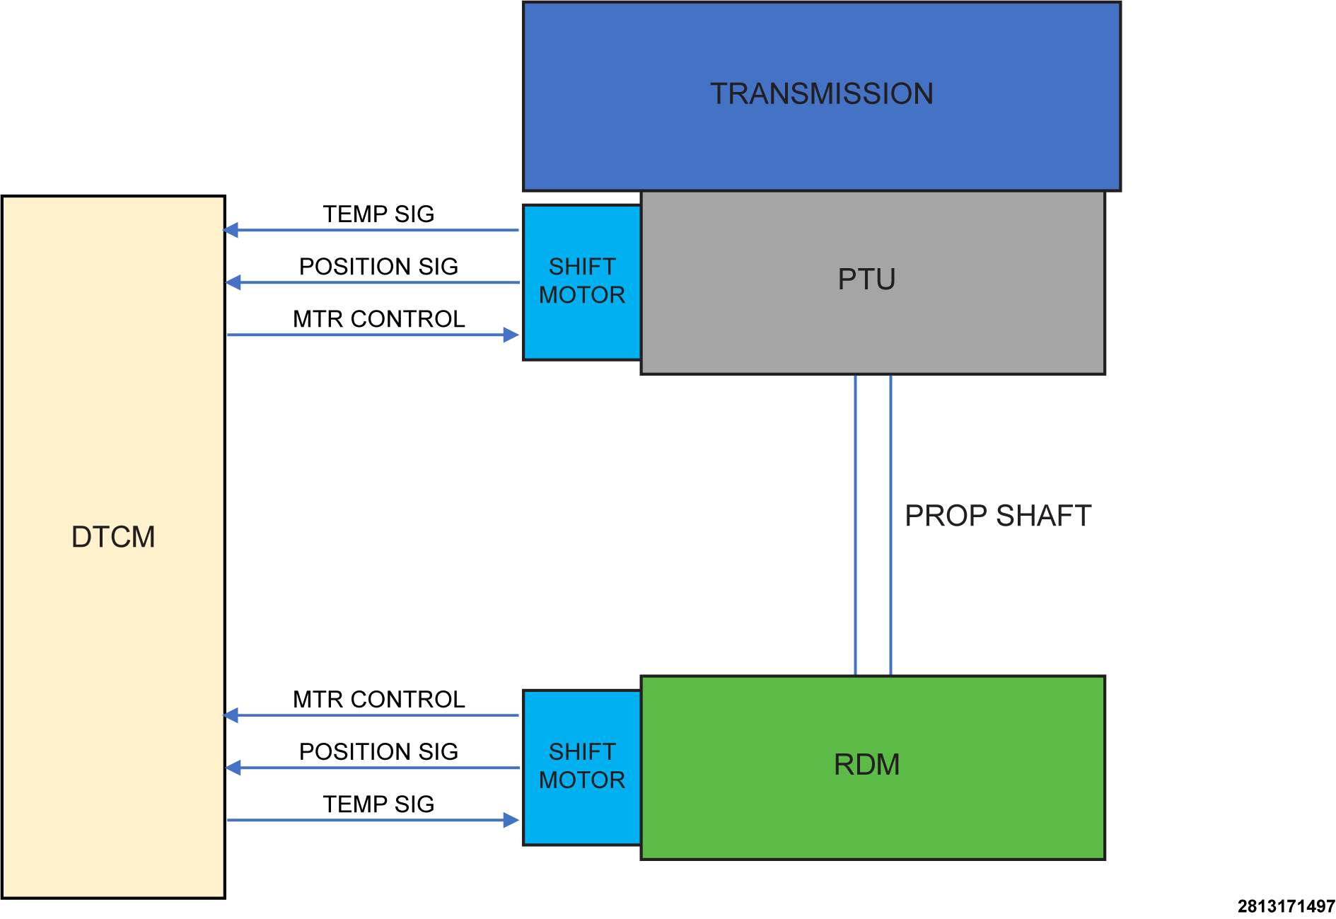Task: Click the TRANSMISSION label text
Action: (822, 94)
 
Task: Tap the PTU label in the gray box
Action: (866, 279)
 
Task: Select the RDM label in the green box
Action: (866, 765)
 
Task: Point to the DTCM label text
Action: (113, 537)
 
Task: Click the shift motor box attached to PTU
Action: (582, 282)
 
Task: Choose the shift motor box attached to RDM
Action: (582, 768)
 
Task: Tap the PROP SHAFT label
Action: (998, 516)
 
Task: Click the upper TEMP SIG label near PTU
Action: (378, 214)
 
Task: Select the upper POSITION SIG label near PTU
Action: (378, 267)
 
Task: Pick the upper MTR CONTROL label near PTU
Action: (378, 319)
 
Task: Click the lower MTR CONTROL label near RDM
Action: (378, 700)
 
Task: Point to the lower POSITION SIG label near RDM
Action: (378, 752)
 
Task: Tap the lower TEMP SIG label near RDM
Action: (378, 804)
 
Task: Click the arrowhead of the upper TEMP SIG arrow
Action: (231, 230)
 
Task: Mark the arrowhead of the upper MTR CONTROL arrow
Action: (511, 335)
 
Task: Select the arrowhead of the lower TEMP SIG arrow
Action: (511, 820)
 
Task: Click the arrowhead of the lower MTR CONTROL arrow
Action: (231, 715)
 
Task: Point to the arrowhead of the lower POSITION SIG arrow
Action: (233, 768)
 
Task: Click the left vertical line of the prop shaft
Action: (856, 525)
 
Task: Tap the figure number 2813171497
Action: (1286, 906)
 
